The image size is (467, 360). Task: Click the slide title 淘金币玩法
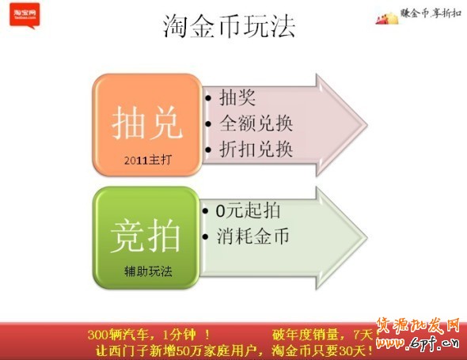(x=229, y=26)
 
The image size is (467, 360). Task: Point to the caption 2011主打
(x=147, y=159)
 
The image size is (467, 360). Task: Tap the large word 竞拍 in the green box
(x=147, y=235)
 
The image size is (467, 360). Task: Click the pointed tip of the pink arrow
(x=371, y=124)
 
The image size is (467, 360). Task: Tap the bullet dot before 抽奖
(x=207, y=98)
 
